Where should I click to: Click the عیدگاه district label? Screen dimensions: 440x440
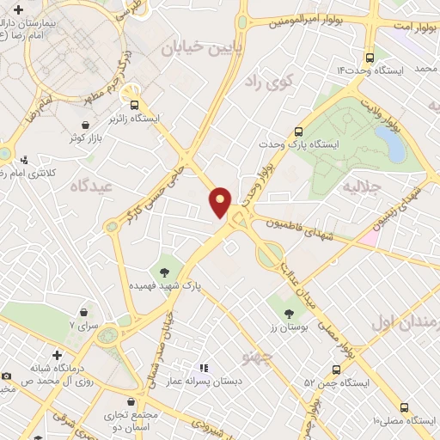pos(92,185)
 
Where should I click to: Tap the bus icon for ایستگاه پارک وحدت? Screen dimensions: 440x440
pos(298,131)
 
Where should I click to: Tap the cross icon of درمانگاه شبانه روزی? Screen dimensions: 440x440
pos(57,354)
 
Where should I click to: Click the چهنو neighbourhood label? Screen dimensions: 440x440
pos(257,354)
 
